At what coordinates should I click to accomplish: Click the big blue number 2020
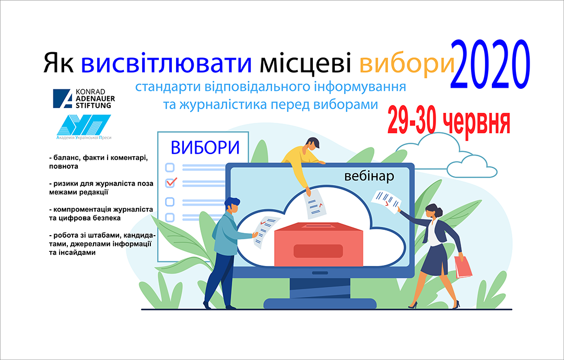(490, 64)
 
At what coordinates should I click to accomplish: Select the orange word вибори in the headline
(407, 64)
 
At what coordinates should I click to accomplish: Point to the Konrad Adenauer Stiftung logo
(84, 99)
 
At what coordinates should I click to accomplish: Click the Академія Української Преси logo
(84, 127)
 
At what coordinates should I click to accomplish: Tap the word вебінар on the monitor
(369, 176)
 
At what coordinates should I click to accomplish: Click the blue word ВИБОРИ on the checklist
(205, 147)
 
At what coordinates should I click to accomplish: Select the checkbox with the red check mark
(170, 182)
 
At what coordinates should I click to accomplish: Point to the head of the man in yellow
(311, 145)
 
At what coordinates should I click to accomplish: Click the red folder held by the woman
(463, 267)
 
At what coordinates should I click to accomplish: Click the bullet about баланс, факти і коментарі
(99, 162)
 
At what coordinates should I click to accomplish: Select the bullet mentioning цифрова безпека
(101, 214)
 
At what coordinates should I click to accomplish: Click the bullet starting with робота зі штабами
(102, 244)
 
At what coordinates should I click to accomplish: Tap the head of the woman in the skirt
(434, 211)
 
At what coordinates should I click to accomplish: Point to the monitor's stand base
(320, 304)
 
